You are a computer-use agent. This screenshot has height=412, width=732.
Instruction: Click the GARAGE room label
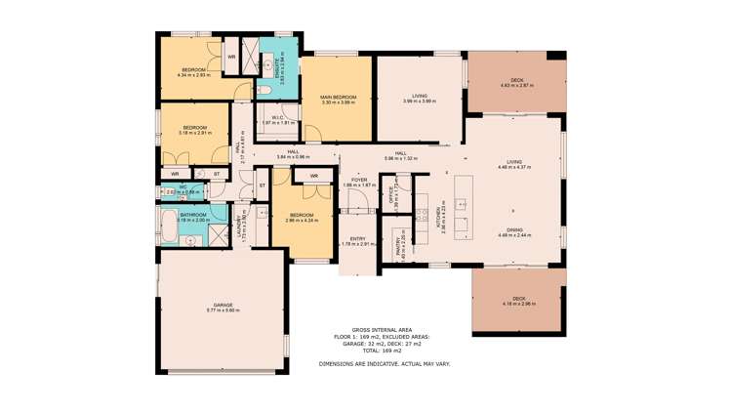(223, 305)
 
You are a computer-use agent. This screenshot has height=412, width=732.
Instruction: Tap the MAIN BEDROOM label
(338, 97)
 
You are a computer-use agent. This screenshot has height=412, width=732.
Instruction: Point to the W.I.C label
(277, 117)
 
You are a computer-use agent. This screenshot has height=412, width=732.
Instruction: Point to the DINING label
(513, 230)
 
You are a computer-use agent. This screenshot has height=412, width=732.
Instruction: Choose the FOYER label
(359, 180)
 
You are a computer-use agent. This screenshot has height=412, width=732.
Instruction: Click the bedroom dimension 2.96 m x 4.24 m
(302, 221)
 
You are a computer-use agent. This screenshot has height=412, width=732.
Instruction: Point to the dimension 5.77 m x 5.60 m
(223, 310)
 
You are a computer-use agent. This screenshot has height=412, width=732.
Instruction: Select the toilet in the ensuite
(265, 92)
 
